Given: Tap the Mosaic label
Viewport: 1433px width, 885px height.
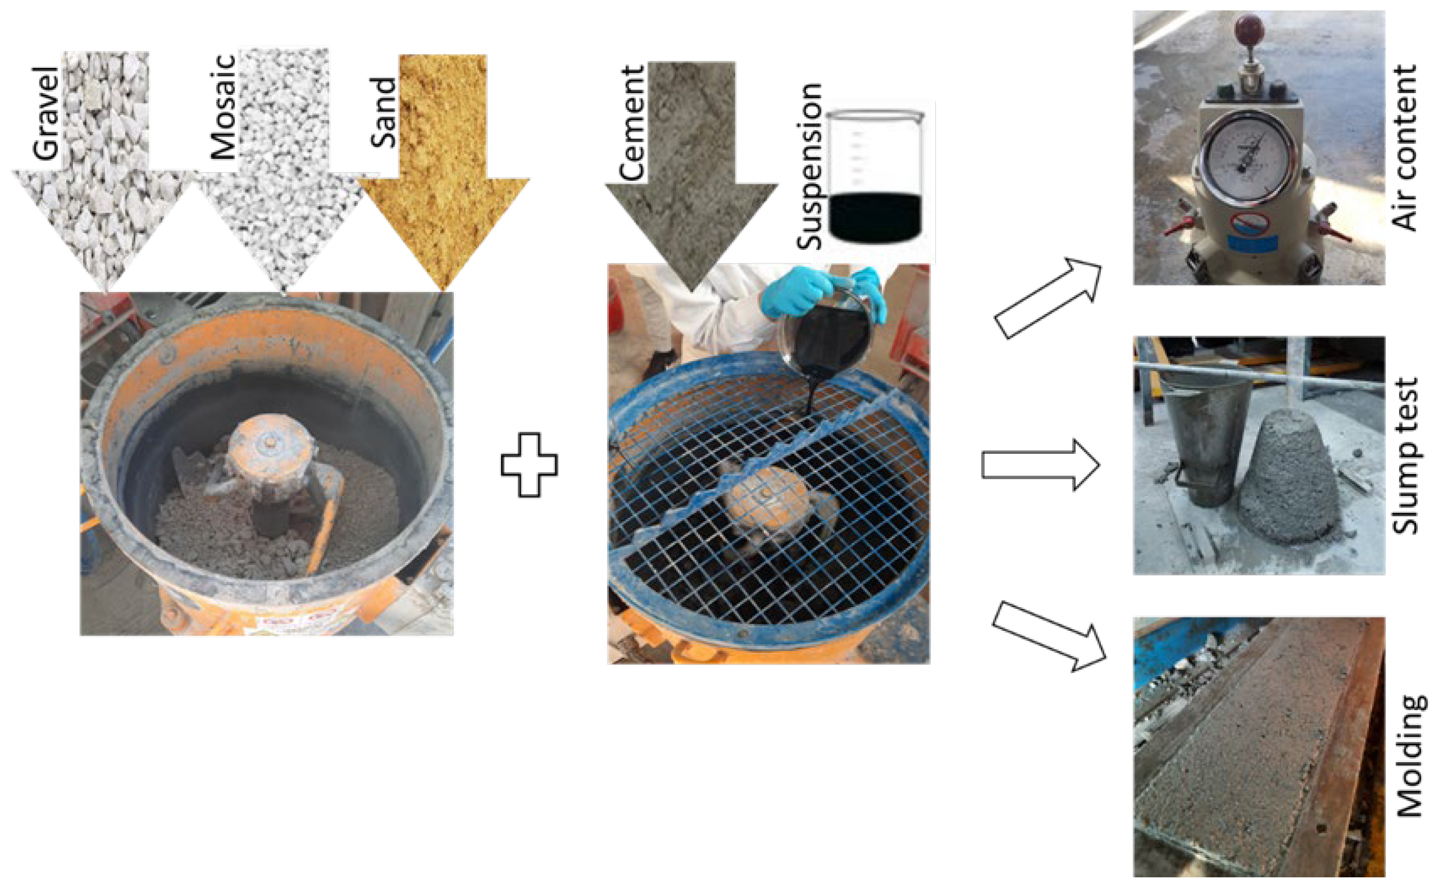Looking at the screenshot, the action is point(224,107).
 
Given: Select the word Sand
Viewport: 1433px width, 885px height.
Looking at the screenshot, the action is point(383,113).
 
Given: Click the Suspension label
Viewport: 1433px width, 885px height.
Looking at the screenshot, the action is point(810,167).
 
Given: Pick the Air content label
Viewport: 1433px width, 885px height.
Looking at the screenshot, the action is point(1403,147).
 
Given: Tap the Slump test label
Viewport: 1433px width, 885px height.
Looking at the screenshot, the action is point(1405,456).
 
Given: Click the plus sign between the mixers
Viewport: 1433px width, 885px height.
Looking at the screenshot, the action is point(529,465).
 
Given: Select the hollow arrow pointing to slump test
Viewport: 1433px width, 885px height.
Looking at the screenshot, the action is point(1041,465).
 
